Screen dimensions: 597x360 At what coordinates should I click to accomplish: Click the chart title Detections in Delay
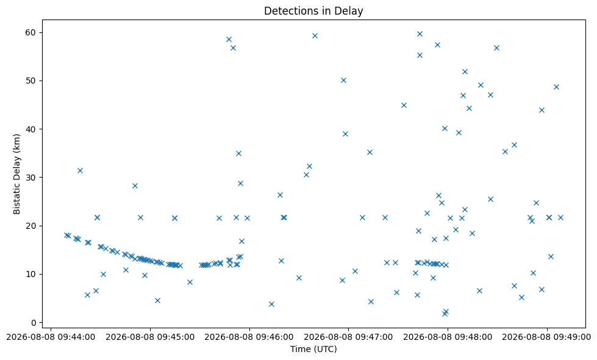tap(313, 10)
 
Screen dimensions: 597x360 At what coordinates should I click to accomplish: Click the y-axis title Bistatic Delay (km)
tap(16, 174)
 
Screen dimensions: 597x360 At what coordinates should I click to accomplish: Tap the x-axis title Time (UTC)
tap(313, 349)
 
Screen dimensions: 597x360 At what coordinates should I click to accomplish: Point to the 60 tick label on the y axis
tap(31, 32)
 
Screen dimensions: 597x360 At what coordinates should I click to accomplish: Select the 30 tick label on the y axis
tap(31, 178)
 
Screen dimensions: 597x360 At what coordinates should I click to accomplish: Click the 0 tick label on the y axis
tap(34, 323)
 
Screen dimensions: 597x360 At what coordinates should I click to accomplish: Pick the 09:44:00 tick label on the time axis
tap(51, 337)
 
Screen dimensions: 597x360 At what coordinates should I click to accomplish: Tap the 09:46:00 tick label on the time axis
tap(249, 337)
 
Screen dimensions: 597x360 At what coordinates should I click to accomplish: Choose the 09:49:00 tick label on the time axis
tap(547, 337)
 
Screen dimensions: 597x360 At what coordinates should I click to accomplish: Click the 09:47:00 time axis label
tap(348, 337)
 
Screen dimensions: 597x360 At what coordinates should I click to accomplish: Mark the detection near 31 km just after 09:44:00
tap(80, 170)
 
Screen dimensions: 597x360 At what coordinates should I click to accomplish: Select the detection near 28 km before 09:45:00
tap(135, 185)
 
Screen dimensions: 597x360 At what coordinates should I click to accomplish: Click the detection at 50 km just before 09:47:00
tap(343, 80)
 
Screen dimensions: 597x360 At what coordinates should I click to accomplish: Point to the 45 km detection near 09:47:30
tap(404, 105)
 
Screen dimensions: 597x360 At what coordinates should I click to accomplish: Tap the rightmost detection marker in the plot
tap(560, 217)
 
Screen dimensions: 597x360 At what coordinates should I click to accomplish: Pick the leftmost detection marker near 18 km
tap(66, 235)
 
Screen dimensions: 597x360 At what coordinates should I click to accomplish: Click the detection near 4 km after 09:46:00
tap(271, 304)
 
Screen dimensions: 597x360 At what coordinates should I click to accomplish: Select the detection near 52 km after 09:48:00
tap(465, 71)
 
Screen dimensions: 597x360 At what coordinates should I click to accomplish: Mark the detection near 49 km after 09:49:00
tap(556, 87)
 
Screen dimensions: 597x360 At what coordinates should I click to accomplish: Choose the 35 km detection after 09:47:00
tap(370, 152)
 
